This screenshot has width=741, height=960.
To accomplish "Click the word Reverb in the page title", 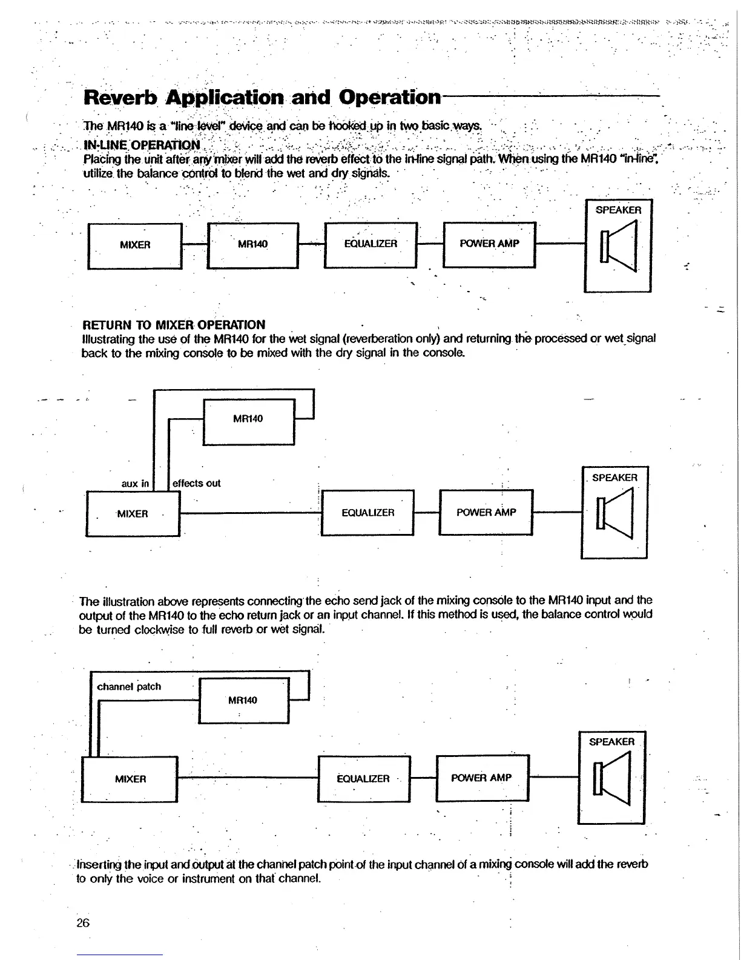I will pos(120,97).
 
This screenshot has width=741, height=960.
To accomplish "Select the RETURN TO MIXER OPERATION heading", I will pos(173,324).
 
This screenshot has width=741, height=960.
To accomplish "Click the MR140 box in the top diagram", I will pos(252,245).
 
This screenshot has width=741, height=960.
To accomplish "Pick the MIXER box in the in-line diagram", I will pos(135,245).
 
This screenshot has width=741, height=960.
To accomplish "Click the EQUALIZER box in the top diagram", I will pos(370,244).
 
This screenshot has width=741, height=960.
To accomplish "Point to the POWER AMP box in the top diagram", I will pos(489,244).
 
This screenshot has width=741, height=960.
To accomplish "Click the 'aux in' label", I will pos(135,483).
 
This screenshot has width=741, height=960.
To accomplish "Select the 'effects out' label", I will pos(196,483).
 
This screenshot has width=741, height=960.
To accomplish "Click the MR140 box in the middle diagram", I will pos(248,419).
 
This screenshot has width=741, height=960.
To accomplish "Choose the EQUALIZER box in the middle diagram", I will pos(367,513).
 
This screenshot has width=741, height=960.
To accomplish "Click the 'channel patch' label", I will pos(129,687).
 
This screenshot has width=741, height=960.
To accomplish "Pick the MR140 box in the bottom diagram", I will pos(243,701).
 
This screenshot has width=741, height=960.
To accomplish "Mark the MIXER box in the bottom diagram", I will pos(130,779).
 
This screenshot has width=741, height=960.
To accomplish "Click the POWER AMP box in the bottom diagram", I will pos(482,778).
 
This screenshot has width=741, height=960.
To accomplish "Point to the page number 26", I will pos(83,923).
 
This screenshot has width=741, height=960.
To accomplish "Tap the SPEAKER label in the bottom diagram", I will pos(611,742).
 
